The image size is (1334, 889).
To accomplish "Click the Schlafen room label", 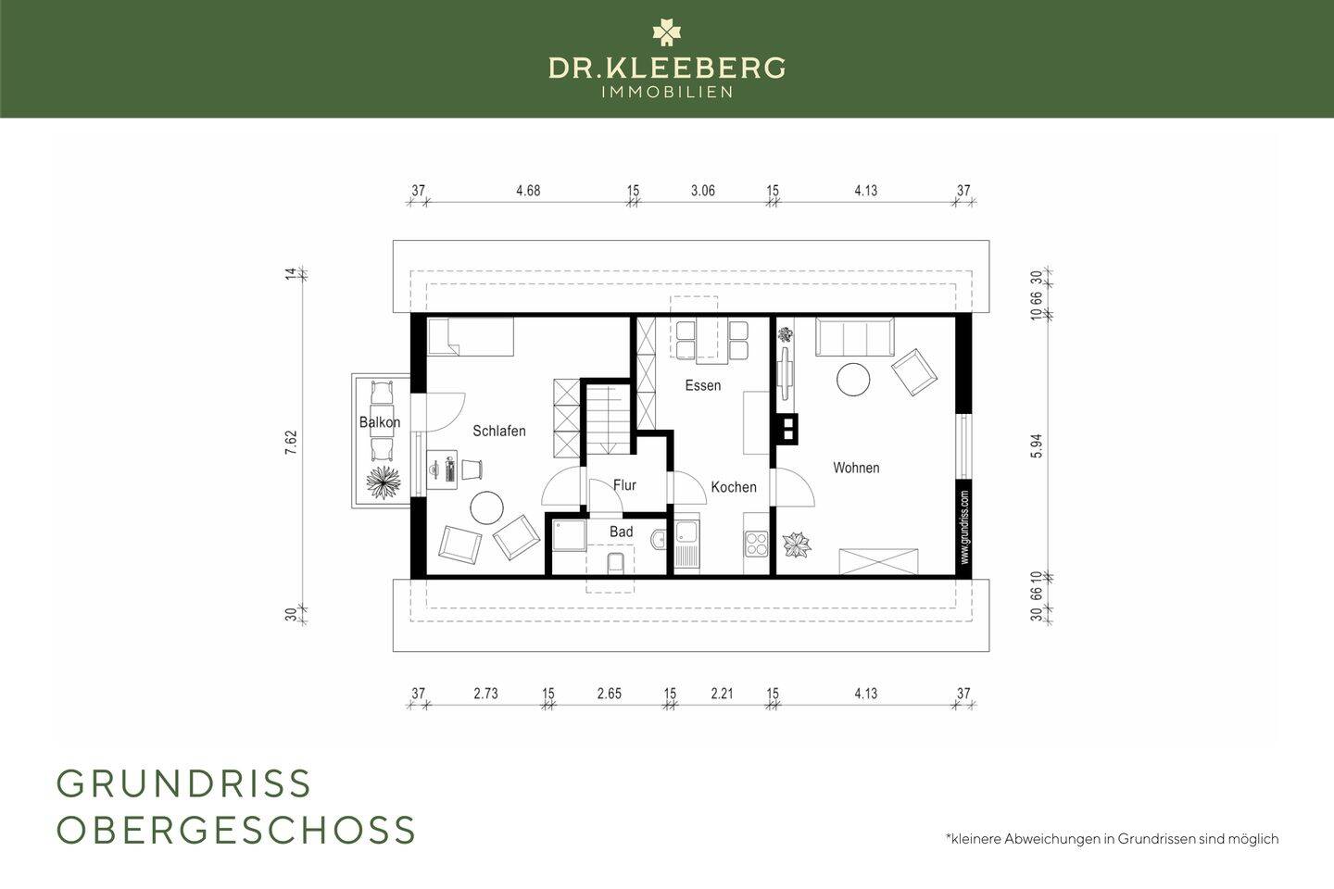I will (498, 432).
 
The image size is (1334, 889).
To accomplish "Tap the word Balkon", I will (380, 423).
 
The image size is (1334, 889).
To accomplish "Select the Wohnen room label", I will (856, 468).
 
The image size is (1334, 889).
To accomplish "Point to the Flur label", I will (624, 485).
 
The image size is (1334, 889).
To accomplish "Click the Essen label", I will (702, 385).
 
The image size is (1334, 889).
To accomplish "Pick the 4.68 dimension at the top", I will (528, 191).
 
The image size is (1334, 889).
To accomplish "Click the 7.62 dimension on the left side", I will (291, 443).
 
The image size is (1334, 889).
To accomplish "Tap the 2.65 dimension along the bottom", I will (609, 693).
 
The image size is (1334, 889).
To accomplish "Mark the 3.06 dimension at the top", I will (703, 191).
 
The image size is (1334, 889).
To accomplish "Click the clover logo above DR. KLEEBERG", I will (666, 32).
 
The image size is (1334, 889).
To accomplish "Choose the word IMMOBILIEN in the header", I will (667, 92).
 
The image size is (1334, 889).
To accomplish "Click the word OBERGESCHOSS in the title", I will (236, 830).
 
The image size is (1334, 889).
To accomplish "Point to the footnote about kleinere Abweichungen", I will (1112, 838).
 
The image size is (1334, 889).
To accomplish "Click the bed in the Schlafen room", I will (470, 337).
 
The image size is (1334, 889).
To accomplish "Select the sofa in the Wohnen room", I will (854, 336).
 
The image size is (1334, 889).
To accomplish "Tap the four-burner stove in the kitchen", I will (756, 543).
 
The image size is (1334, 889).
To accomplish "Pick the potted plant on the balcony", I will (383, 482).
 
